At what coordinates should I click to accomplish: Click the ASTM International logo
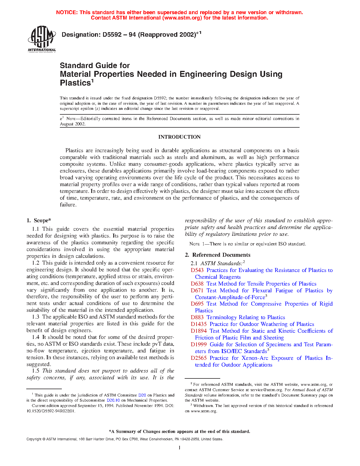pyautogui.click(x=42, y=39)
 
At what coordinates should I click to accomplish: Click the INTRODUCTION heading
pyautogui.click(x=179, y=137)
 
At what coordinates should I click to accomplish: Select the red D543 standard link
pyautogui.click(x=197, y=270)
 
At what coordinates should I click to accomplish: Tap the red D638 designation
pyautogui.click(x=197, y=284)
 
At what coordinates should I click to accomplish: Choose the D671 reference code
pyautogui.click(x=197, y=291)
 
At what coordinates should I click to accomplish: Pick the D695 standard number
pyautogui.click(x=197, y=304)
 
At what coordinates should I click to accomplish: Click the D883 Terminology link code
pyautogui.click(x=197, y=317)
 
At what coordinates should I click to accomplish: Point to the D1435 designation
pyautogui.click(x=198, y=324)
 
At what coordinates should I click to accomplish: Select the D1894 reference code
pyautogui.click(x=198, y=331)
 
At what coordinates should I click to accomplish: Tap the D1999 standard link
pyautogui.click(x=198, y=345)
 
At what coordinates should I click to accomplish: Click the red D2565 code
pyautogui.click(x=198, y=358)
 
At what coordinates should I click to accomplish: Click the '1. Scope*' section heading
pyautogui.click(x=39, y=221)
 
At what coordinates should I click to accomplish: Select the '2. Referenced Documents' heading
pyautogui.click(x=217, y=255)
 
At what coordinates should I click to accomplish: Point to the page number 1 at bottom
pyautogui.click(x=179, y=447)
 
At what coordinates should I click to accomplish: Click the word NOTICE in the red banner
pyautogui.click(x=67, y=12)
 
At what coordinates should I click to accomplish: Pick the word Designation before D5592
pyautogui.click(x=80, y=35)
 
